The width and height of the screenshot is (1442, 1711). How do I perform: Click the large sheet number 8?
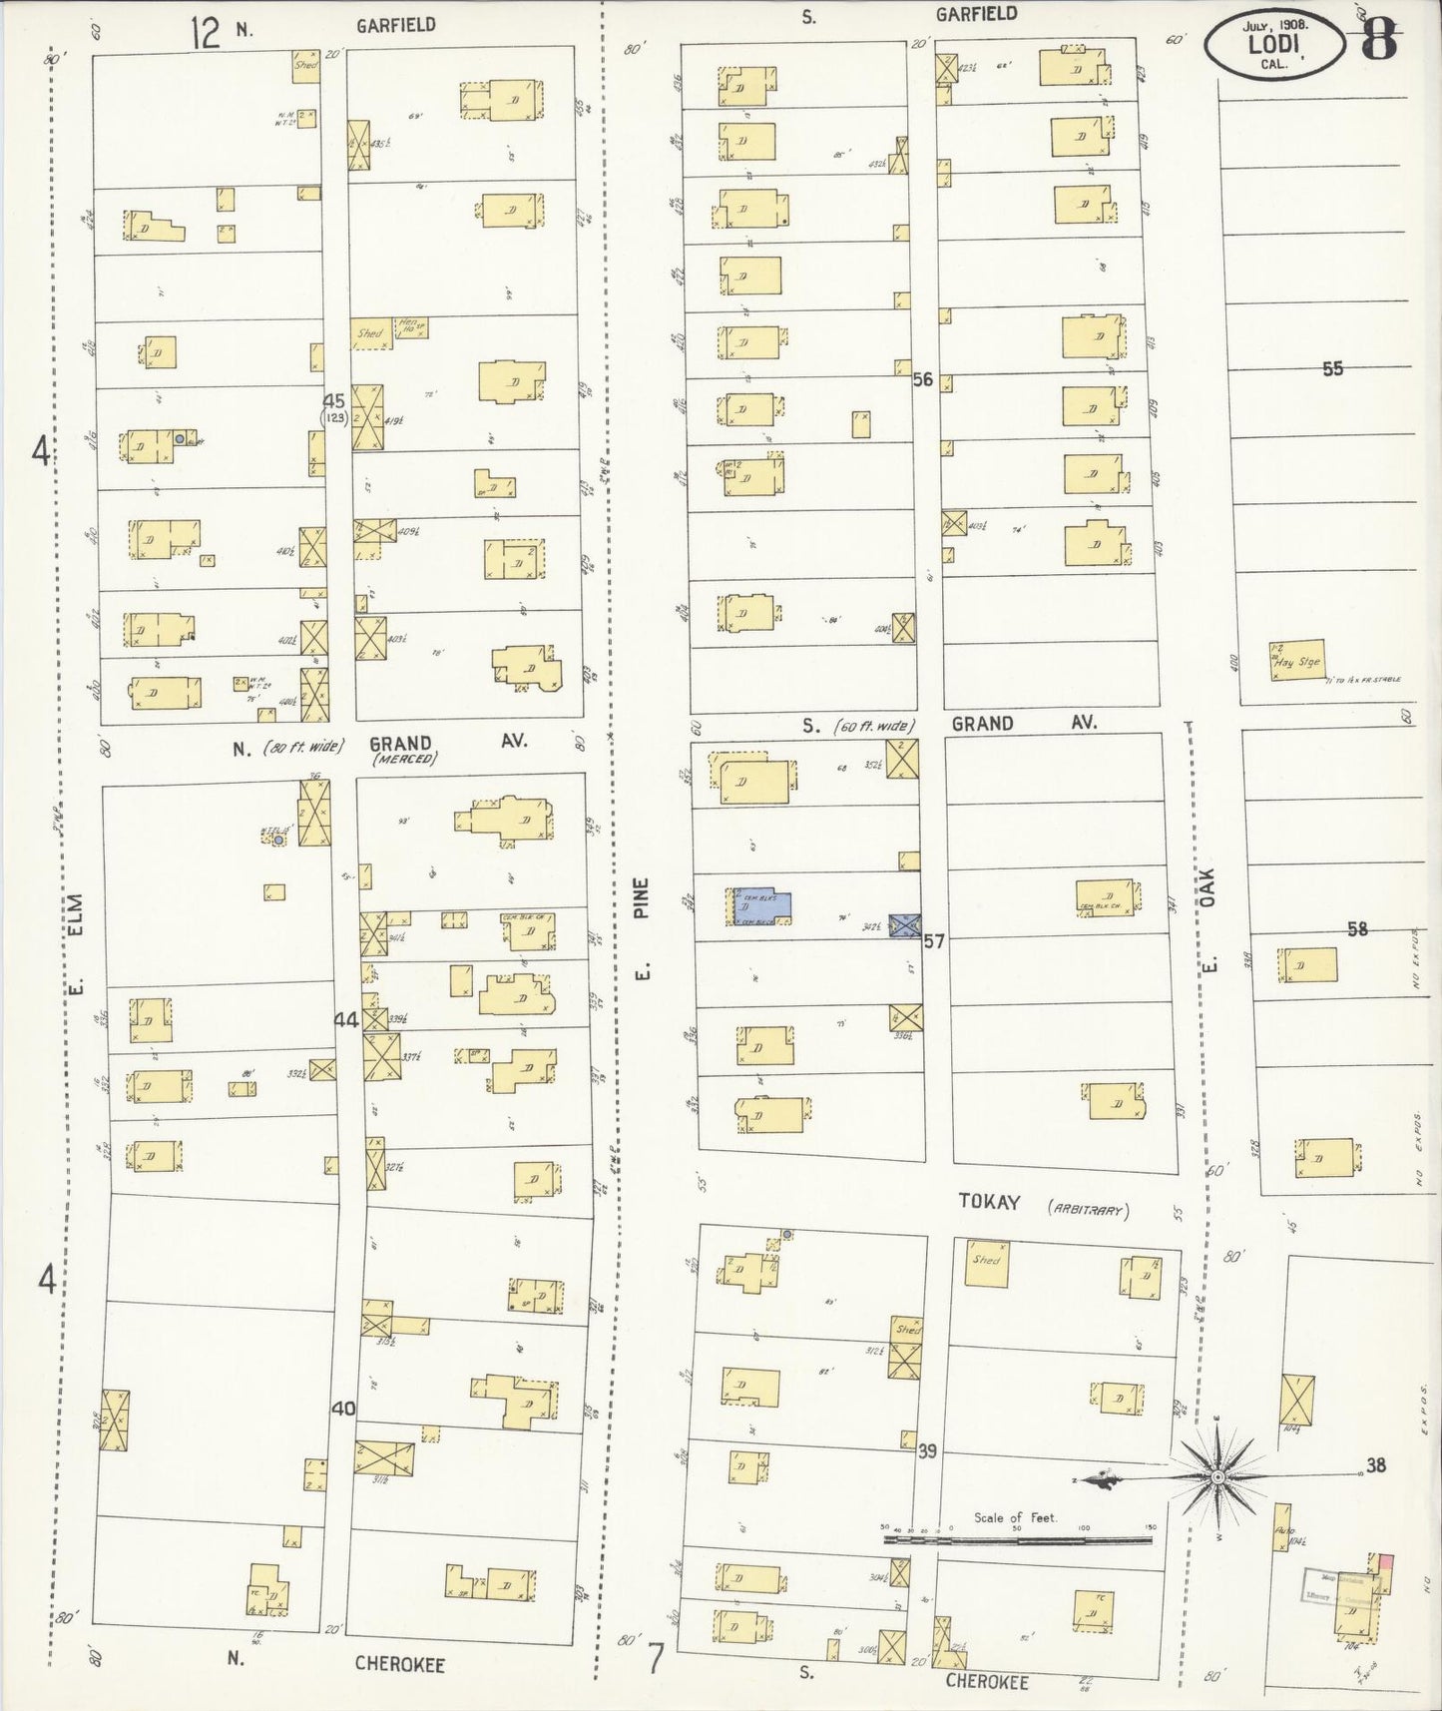tap(1379, 40)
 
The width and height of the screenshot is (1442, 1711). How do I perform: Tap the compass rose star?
tap(1217, 1475)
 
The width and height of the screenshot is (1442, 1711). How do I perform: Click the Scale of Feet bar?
tap(1018, 1539)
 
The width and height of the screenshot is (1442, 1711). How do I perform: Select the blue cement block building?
tap(763, 906)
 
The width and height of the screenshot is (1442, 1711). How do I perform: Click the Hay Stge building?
tap(1297, 661)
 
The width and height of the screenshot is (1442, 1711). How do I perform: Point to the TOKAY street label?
tap(989, 1202)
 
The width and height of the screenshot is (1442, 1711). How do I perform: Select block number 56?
tap(922, 379)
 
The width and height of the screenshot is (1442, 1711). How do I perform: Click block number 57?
tap(933, 940)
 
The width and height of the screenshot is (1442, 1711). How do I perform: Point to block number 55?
tap(1332, 368)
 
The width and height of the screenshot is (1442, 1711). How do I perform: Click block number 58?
tap(1357, 929)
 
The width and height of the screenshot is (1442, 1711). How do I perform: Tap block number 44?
tap(345, 1020)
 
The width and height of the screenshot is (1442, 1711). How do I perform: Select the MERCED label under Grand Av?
tap(404, 759)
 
